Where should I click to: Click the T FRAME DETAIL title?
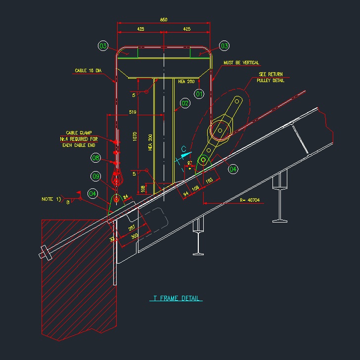(176, 299)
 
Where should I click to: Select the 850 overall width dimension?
(164, 20)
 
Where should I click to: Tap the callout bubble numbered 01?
(199, 93)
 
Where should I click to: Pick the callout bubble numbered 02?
(185, 103)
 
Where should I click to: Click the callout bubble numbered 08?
(96, 158)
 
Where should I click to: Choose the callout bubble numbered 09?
(96, 177)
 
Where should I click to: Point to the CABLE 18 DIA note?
(88, 71)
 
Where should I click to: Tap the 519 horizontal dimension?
(132, 112)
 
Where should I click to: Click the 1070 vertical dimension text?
(135, 136)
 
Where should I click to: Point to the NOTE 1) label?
(51, 199)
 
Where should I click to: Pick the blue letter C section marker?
(183, 148)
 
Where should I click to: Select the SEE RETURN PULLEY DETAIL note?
(270, 77)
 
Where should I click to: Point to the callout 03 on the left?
(103, 46)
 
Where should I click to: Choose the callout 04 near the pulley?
(233, 169)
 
